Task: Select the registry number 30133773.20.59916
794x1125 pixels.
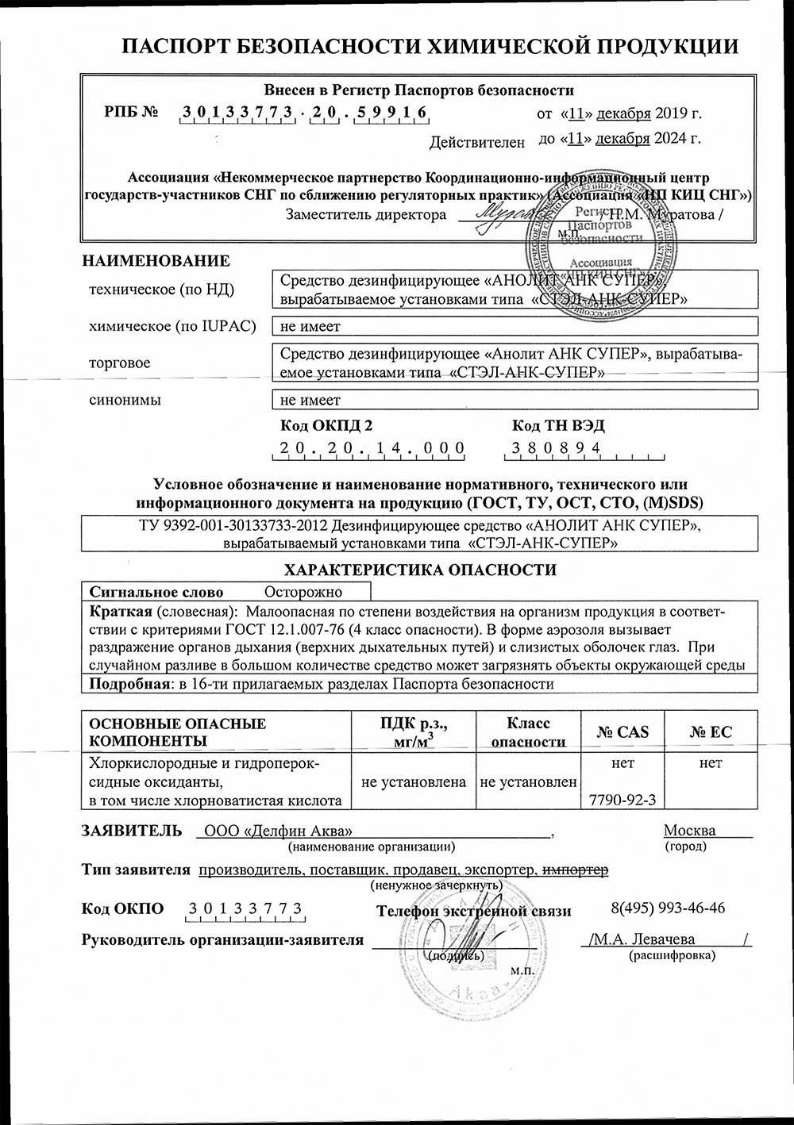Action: (x=305, y=113)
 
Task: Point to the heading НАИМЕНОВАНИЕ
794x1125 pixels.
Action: (x=156, y=261)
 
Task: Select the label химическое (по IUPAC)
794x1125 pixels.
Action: (x=172, y=326)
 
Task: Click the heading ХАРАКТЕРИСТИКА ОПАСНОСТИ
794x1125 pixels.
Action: (x=420, y=569)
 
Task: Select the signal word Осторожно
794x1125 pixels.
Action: (x=303, y=592)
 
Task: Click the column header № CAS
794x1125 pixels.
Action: (x=622, y=731)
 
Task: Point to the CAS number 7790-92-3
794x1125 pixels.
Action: (x=623, y=800)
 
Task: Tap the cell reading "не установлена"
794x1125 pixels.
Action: (x=413, y=781)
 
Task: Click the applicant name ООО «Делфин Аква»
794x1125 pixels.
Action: (x=278, y=831)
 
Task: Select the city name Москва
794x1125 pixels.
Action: (x=689, y=831)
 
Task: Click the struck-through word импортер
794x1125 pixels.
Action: (x=576, y=870)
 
